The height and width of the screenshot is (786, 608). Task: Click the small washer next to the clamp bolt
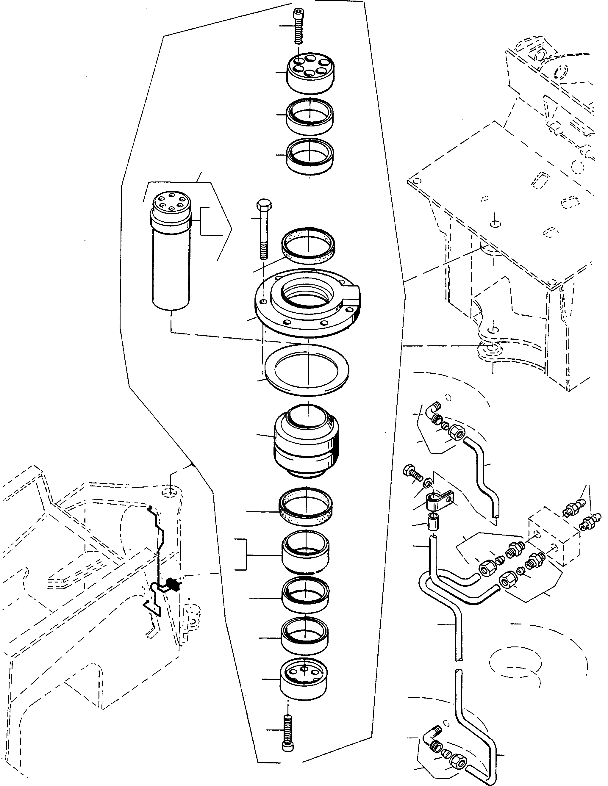(428, 482)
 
